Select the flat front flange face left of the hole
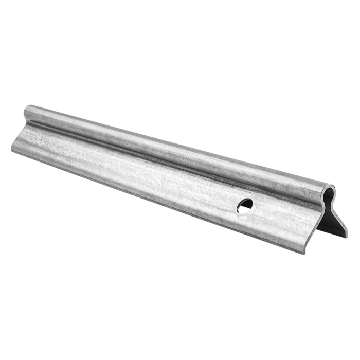point(129,165)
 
